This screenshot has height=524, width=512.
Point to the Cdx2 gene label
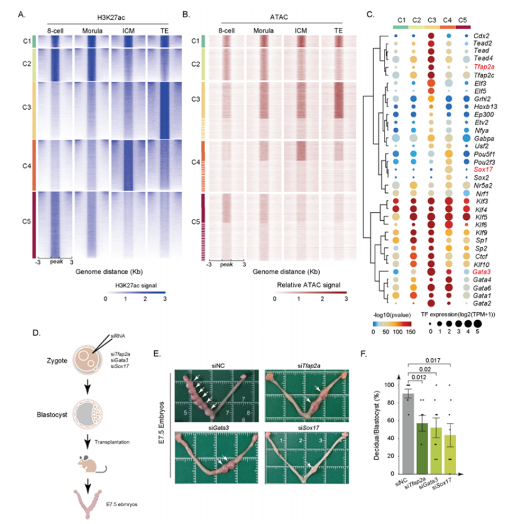[481, 35]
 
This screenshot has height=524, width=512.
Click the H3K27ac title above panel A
[107, 15]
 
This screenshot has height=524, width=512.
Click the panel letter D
[36, 333]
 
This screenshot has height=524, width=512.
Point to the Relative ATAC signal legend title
[306, 285]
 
